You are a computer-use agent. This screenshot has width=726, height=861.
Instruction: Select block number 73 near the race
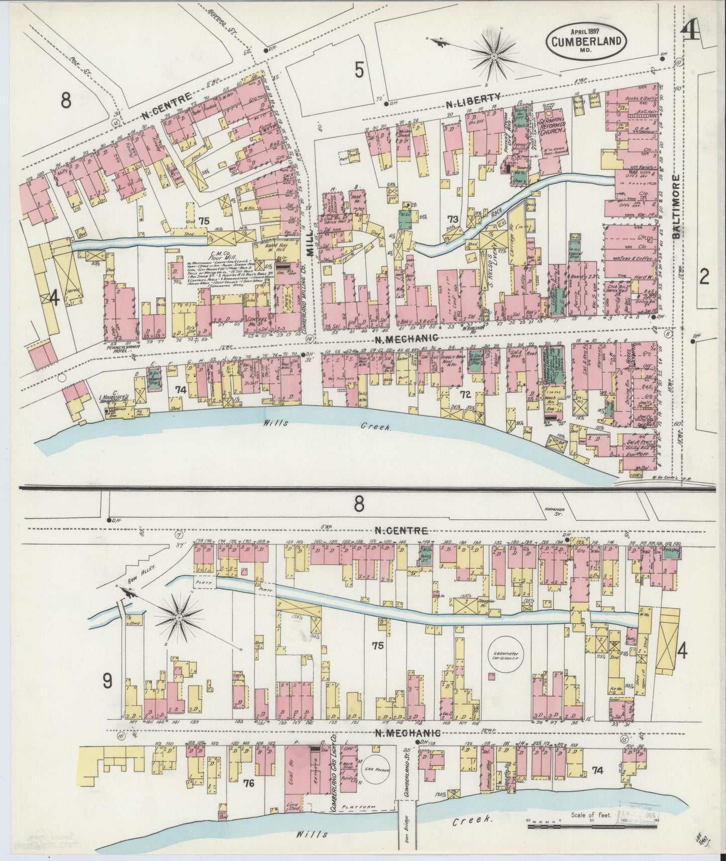(453, 219)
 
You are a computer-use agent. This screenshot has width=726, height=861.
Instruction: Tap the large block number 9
(107, 681)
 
